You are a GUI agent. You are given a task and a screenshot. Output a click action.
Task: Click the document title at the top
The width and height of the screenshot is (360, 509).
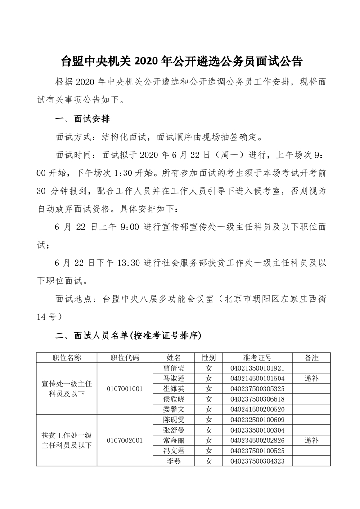coord(181,61)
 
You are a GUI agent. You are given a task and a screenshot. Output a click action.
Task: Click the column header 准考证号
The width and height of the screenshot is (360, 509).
coord(257,358)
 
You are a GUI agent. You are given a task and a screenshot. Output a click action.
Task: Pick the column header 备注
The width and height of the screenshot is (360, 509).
coord(311,358)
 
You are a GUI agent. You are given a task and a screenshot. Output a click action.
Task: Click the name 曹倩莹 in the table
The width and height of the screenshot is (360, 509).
coord(174,368)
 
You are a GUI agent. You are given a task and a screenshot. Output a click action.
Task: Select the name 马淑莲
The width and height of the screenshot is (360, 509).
coord(174,378)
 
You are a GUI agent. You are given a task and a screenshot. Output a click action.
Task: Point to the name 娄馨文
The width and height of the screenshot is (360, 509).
coord(174,409)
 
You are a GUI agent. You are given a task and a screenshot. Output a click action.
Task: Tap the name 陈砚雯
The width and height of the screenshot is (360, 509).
coord(174,420)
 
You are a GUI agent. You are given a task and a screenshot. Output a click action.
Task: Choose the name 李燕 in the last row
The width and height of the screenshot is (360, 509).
coord(174,461)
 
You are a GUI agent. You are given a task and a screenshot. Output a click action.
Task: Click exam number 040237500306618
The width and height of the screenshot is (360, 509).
coord(257,399)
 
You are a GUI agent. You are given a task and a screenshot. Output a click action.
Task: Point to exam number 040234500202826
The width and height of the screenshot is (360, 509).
coord(257,440)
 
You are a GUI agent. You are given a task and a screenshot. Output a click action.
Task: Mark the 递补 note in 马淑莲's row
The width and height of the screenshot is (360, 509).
coord(311,378)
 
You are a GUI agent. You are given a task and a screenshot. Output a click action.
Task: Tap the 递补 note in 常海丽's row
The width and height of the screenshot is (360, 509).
coord(311,440)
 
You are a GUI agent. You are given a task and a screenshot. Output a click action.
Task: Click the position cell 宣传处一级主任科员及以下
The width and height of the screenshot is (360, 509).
coord(67,388)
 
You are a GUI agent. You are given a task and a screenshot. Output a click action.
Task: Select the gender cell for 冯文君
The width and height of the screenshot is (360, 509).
coord(209,451)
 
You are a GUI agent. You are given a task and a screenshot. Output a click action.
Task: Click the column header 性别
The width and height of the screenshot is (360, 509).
coord(209,358)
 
